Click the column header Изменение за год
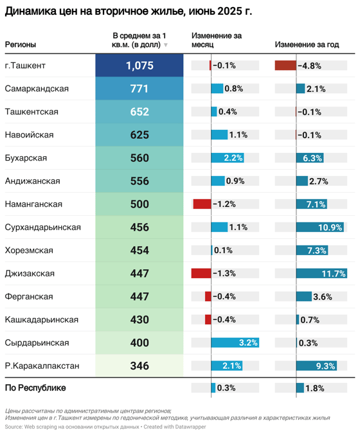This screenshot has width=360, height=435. pyautogui.click(x=307, y=44)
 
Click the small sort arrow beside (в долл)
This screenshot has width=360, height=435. pyautogui.click(x=166, y=45)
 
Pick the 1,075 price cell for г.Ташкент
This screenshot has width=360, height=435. pyautogui.click(x=139, y=66)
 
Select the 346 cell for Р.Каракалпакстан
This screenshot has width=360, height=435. pyautogui.click(x=139, y=366)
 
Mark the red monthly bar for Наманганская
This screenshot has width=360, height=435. pyautogui.click(x=202, y=204)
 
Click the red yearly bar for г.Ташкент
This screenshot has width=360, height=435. pyautogui.click(x=285, y=66)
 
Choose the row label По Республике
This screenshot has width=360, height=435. pyautogui.click(x=35, y=388)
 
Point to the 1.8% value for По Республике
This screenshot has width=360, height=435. pyautogui.click(x=314, y=388)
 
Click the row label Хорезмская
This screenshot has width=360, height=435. pyautogui.click(x=29, y=251)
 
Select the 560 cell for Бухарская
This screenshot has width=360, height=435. pyautogui.click(x=139, y=158)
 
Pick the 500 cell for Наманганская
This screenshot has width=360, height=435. pyautogui.click(x=139, y=204)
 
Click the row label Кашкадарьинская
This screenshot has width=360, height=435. pyautogui.click(x=42, y=320)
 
